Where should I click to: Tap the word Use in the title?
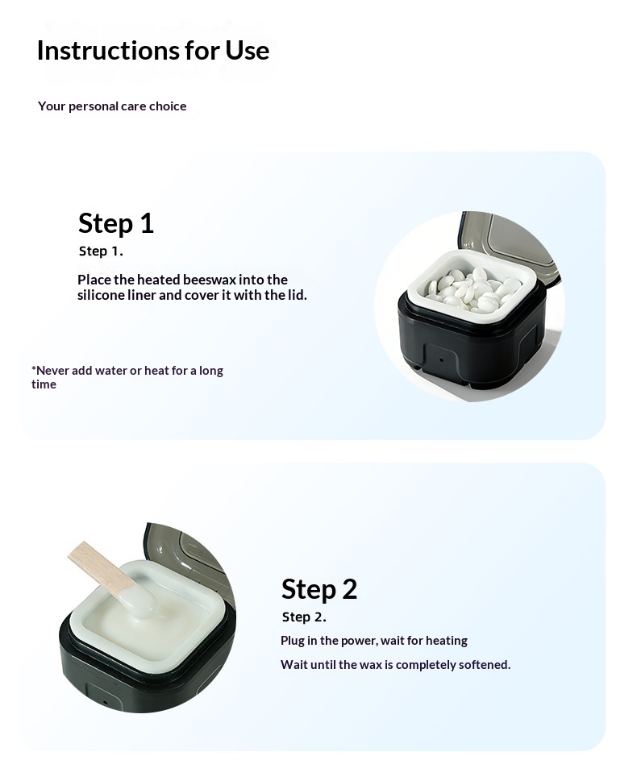[248, 51]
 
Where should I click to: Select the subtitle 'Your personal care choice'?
[112, 106]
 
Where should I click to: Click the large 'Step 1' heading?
[116, 223]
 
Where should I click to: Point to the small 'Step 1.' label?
[101, 251]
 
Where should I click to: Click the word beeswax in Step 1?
[216, 280]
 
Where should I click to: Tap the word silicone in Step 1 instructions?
[102, 295]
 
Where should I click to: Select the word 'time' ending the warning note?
[44, 384]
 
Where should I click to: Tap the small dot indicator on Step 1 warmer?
[441, 360]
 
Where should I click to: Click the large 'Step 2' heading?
[319, 589]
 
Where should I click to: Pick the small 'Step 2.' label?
[304, 617]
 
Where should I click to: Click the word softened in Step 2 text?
[485, 665]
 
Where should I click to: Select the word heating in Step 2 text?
[447, 641]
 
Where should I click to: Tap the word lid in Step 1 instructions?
[298, 295]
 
